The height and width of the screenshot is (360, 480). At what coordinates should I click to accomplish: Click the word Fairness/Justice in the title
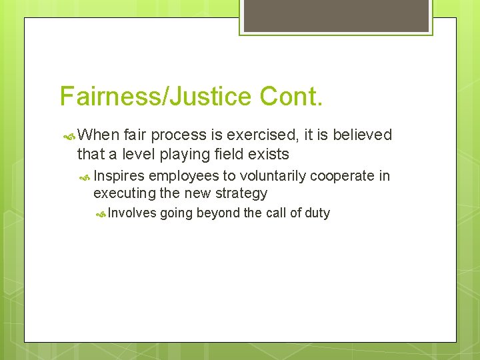[154, 97]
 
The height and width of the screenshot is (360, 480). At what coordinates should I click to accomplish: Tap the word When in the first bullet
[98, 135]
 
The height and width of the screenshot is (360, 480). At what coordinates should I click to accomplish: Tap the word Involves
[132, 213]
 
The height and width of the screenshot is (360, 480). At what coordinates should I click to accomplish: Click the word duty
[317, 213]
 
